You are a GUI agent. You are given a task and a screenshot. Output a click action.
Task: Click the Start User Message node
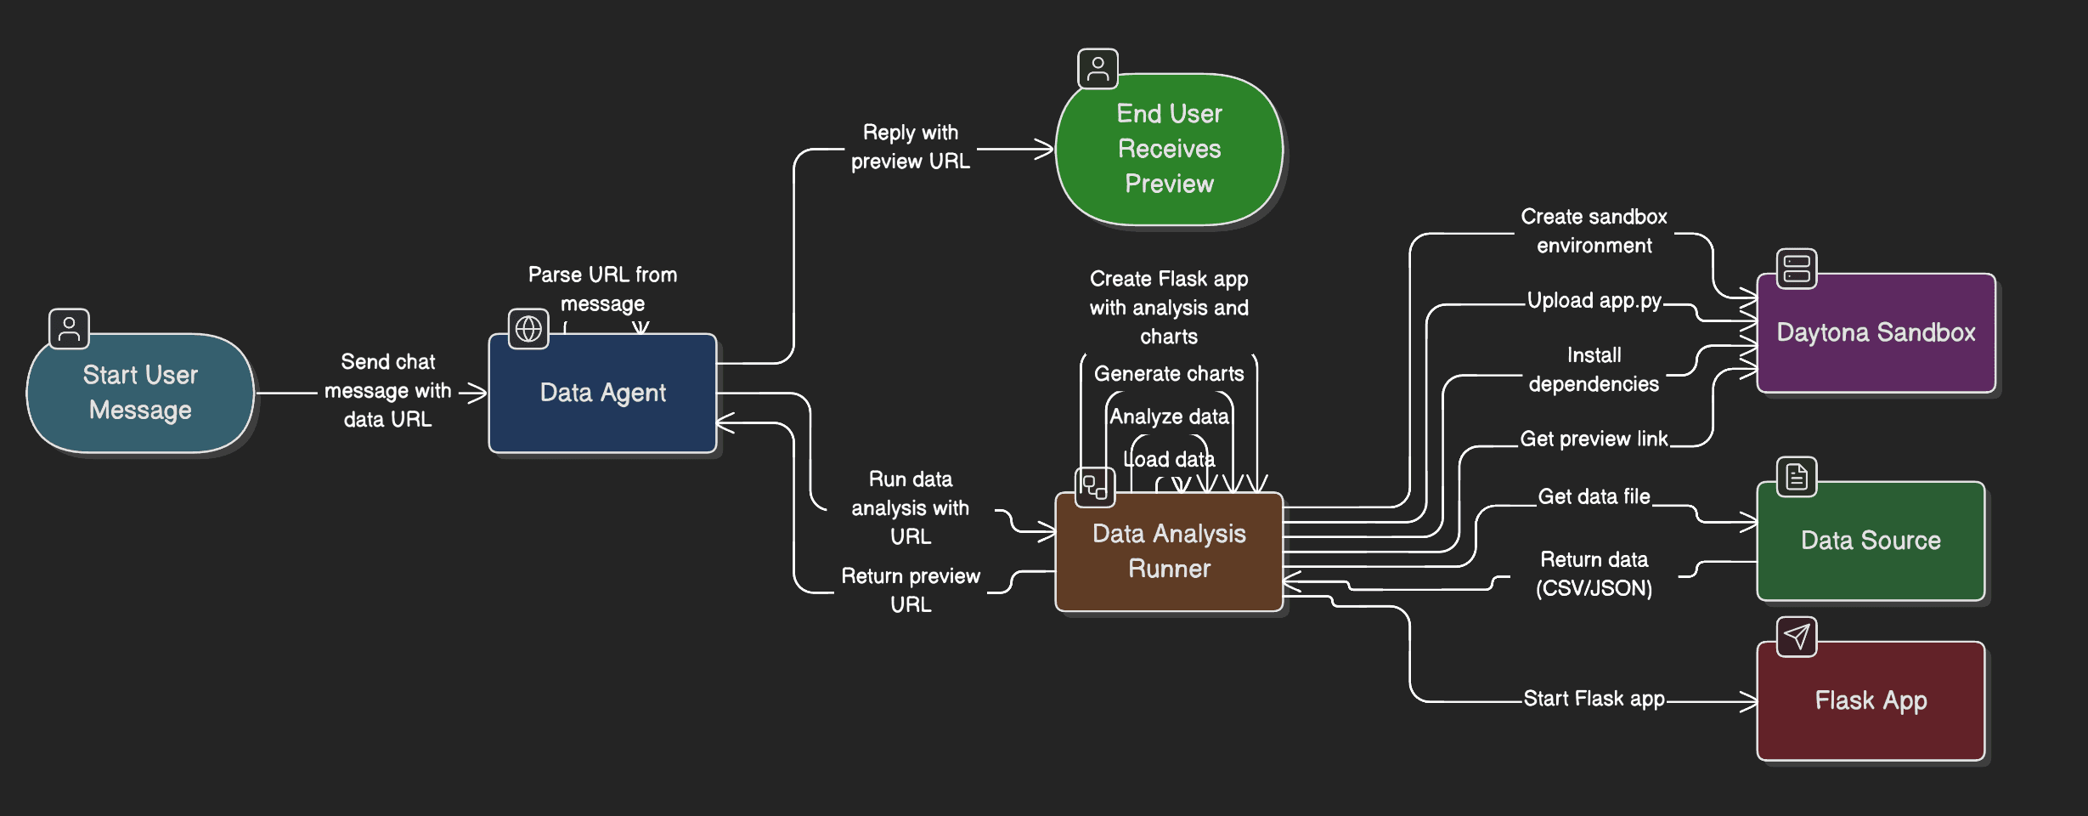click(140, 393)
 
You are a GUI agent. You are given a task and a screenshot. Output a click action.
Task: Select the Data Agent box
click(602, 393)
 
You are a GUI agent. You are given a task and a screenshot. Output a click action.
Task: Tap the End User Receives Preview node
click(1169, 149)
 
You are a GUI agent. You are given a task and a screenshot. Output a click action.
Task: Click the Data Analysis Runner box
click(1169, 551)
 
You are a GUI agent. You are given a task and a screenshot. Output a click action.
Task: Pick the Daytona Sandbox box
click(1876, 332)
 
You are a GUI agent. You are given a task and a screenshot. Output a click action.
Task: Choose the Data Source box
click(1871, 541)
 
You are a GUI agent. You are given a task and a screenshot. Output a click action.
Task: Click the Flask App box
click(1871, 700)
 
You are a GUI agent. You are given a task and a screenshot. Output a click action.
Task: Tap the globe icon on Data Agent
click(528, 328)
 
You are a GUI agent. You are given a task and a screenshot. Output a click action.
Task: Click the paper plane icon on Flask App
click(1797, 637)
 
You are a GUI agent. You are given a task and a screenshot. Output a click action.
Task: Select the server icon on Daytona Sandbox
click(1797, 269)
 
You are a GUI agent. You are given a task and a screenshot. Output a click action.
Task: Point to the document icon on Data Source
click(1797, 477)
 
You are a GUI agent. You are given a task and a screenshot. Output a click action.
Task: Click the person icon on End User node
click(1098, 69)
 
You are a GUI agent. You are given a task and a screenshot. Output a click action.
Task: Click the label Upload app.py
click(1594, 301)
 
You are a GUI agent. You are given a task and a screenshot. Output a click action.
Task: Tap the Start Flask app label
click(1594, 699)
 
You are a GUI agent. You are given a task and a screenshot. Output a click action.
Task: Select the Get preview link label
click(1594, 439)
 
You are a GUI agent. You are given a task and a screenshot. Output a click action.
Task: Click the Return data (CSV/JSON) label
click(1594, 574)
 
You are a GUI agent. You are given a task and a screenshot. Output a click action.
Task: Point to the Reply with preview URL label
click(910, 147)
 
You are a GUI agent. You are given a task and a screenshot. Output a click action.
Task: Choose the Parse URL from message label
click(602, 289)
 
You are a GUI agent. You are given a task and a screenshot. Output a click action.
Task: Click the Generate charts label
click(1169, 373)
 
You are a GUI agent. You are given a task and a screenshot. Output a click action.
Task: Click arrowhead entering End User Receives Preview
click(1046, 150)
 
